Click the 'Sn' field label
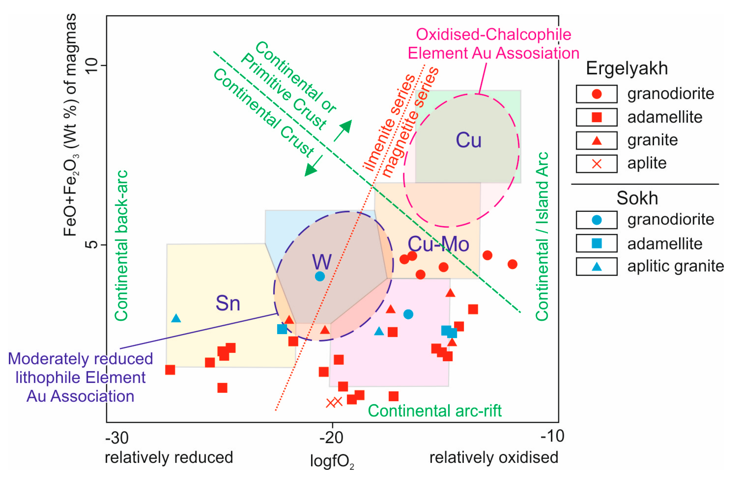point(228,303)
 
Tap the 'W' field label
point(322,262)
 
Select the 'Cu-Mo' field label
point(438,244)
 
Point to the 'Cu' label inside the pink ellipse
point(468,140)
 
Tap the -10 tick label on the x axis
point(552,436)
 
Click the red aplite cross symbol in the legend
point(596,164)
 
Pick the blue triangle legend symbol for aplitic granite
point(596,266)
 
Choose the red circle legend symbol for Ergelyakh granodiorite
point(596,94)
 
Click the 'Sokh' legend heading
point(637,198)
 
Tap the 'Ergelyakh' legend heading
point(627,68)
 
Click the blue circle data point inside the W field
point(320,276)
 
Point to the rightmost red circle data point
point(512,264)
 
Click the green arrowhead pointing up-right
point(346,126)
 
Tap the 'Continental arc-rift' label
point(435,411)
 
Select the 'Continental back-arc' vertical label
point(121,246)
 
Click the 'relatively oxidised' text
point(494,457)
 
